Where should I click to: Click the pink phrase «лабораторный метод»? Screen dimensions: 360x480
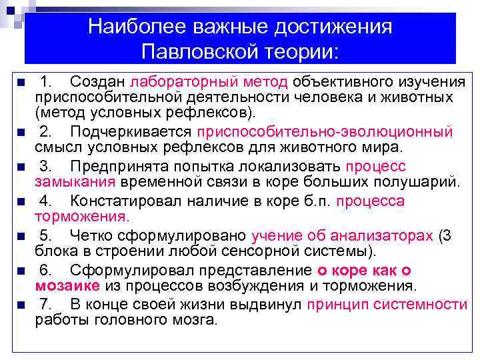click(209, 82)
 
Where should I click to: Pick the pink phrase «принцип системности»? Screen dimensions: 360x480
click(387, 305)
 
